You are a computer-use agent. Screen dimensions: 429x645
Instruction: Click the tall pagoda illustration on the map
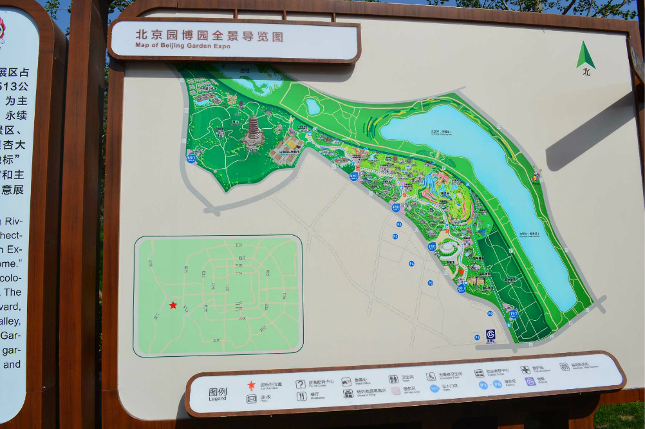[253, 131]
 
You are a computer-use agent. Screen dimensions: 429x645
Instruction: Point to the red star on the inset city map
[173, 305]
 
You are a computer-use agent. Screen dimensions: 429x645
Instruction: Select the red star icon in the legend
[251, 385]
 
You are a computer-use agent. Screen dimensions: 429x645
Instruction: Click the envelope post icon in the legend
[251, 399]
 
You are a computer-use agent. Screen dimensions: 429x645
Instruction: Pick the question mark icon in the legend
[300, 384]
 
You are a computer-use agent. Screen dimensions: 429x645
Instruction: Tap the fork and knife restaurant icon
[301, 396]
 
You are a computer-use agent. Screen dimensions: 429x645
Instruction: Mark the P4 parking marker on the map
[411, 263]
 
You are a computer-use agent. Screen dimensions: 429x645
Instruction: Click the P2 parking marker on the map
[398, 224]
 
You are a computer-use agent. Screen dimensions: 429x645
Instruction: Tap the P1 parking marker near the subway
[477, 336]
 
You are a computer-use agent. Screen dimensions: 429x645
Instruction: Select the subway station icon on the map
[491, 334]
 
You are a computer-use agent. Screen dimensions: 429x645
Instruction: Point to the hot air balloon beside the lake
[536, 175]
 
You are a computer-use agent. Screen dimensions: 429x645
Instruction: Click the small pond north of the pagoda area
[313, 106]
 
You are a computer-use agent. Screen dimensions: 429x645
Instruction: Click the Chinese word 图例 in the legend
[218, 392]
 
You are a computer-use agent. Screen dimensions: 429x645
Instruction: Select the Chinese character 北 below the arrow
[586, 72]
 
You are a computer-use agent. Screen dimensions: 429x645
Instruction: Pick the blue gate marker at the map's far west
[191, 157]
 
